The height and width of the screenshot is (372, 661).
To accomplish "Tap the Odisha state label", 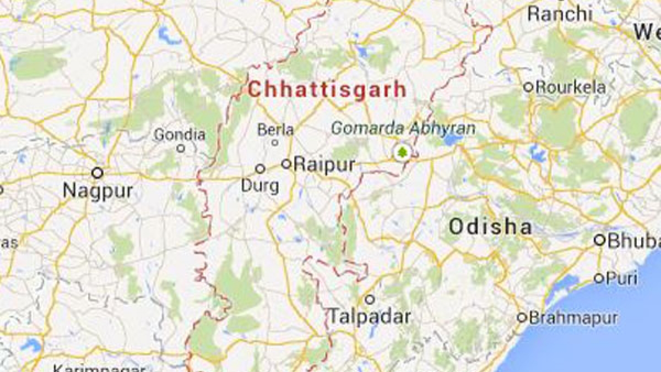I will (490, 227).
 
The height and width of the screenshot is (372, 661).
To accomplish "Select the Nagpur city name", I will (97, 191).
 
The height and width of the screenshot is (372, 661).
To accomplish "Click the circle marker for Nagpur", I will (97, 172).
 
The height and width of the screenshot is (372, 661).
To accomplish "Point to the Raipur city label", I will (324, 164).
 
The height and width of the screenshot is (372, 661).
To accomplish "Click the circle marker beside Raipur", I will (286, 164).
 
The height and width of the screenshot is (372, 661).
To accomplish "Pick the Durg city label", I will (261, 186).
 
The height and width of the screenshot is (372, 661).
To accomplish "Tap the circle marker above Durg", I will (260, 169).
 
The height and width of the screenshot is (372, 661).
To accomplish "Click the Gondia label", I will (180, 134).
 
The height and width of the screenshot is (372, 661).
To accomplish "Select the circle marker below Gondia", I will (181, 148).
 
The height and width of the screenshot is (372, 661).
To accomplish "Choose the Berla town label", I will (275, 130).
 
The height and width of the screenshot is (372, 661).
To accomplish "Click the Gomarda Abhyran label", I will (403, 128).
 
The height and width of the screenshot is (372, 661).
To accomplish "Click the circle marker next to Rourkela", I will (528, 87).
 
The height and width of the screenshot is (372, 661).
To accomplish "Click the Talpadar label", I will (370, 316).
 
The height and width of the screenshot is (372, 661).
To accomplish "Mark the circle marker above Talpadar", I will (370, 299).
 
